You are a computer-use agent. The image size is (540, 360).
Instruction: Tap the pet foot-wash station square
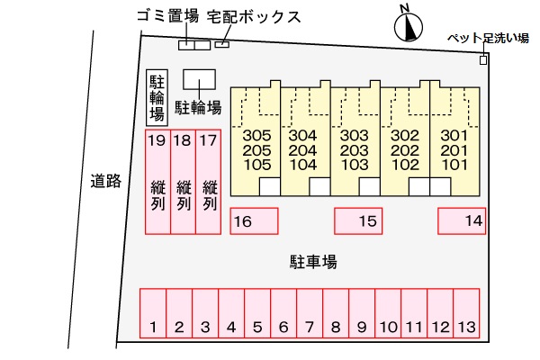(x=483, y=60)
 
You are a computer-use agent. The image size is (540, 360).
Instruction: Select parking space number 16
(x=254, y=221)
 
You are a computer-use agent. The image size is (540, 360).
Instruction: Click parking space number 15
(x=358, y=221)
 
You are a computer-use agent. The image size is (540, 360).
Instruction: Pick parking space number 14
(x=462, y=221)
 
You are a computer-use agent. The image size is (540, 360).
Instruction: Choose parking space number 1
(x=153, y=313)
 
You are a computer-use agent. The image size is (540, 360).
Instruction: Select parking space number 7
(x=310, y=313)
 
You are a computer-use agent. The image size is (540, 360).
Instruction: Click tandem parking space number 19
(x=157, y=182)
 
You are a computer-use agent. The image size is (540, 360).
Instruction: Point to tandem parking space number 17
(x=209, y=182)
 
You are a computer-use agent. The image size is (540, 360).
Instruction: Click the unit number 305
(x=256, y=135)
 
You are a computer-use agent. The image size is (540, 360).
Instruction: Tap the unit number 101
(x=454, y=165)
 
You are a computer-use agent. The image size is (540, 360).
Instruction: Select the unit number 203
(x=355, y=150)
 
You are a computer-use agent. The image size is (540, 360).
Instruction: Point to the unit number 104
(x=303, y=165)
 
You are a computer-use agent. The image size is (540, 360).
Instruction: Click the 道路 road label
(x=106, y=181)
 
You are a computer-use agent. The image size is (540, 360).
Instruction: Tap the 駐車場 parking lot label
(x=313, y=262)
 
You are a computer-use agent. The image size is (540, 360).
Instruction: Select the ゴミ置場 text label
(x=168, y=15)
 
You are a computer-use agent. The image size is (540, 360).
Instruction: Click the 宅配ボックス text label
(x=254, y=16)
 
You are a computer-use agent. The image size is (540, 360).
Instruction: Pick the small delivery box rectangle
(x=222, y=44)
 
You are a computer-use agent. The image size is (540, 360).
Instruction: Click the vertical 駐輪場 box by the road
(x=157, y=98)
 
